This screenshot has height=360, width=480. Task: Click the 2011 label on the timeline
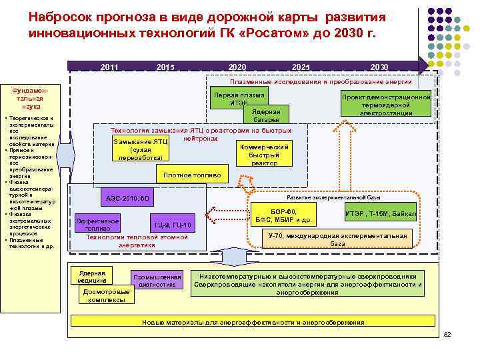[x=109, y=67]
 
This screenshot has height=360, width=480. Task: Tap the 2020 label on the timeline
[x=237, y=67]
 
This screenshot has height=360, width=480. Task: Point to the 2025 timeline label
[x=301, y=67]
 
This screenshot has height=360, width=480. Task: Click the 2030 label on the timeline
[x=379, y=67]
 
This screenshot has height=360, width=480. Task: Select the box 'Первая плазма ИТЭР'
[x=238, y=99]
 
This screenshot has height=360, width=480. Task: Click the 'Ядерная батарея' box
[x=266, y=115]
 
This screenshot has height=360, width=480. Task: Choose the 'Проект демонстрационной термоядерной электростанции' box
[x=386, y=104]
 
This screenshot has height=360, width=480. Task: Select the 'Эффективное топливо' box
[x=98, y=225]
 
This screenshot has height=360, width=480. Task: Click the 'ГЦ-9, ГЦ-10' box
[x=173, y=225]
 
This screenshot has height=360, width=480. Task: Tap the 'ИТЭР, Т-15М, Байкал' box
[x=380, y=213]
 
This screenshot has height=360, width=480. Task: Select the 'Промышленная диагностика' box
[x=157, y=281]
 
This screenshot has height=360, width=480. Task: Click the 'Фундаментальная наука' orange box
[x=31, y=98]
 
